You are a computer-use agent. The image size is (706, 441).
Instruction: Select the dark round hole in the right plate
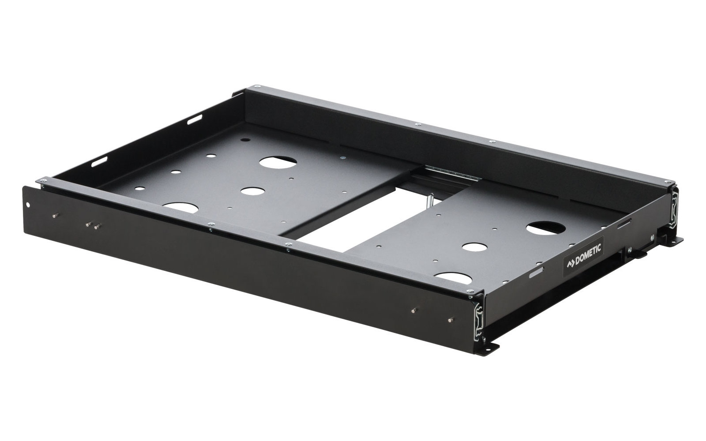[546, 228]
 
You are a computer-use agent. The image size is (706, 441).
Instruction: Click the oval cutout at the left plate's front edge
[180, 208]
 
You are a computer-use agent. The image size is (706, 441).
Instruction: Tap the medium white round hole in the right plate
[475, 247]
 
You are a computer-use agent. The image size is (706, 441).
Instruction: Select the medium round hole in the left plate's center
[252, 191]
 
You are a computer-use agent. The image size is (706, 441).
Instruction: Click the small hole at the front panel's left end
[28, 205]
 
